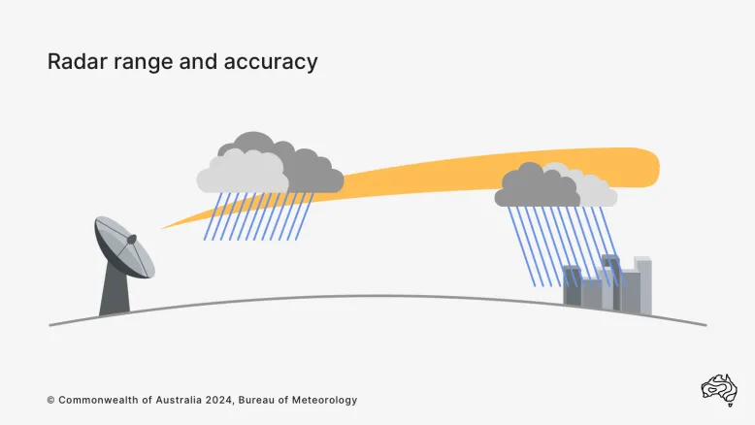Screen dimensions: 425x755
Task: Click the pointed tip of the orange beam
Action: point(163,228)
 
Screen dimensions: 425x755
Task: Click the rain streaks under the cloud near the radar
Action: point(257,215)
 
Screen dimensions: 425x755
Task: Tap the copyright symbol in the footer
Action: point(50,400)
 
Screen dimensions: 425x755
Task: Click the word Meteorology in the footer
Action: point(320,400)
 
